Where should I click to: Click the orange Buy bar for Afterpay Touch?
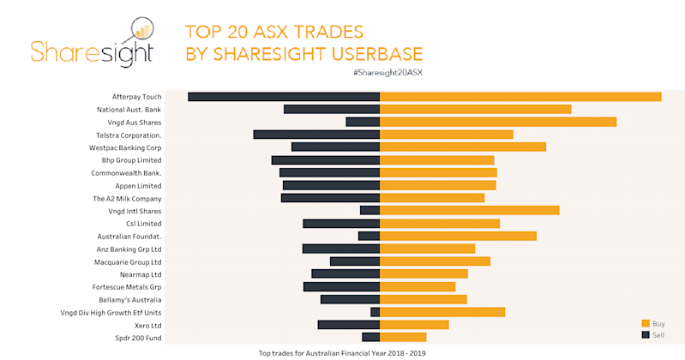click(x=520, y=97)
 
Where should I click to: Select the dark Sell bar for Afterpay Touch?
click(x=284, y=97)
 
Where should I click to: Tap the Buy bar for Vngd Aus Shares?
click(x=498, y=122)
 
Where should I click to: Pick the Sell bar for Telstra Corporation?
click(x=316, y=135)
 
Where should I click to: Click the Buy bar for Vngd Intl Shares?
click(x=469, y=210)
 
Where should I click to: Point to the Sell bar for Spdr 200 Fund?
click(x=370, y=337)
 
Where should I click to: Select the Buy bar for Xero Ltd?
click(x=414, y=325)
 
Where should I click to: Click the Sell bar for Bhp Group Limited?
click(x=326, y=160)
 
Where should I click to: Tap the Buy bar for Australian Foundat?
click(x=458, y=236)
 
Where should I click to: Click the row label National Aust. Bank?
click(x=129, y=110)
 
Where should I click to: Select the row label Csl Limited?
click(x=143, y=224)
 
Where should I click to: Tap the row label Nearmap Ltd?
click(x=141, y=274)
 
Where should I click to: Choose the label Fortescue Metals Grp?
click(x=127, y=287)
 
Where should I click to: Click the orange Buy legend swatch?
click(x=646, y=323)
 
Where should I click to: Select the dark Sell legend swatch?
click(x=646, y=334)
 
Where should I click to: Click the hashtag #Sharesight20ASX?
click(x=387, y=73)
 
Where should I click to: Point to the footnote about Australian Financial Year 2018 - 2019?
click(x=342, y=352)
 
